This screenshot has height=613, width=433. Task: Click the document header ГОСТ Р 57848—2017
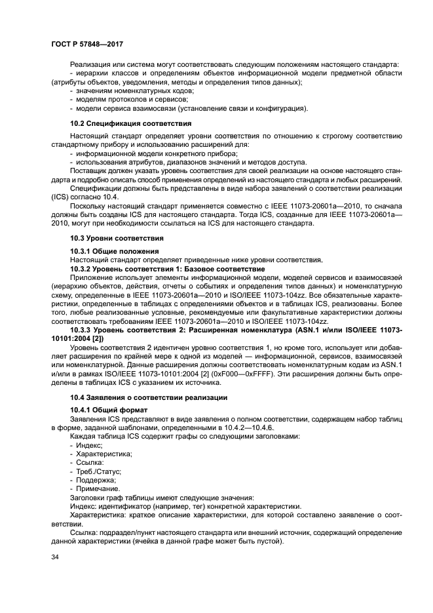coord(86,43)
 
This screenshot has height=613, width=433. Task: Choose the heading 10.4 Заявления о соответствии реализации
coord(149,397)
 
